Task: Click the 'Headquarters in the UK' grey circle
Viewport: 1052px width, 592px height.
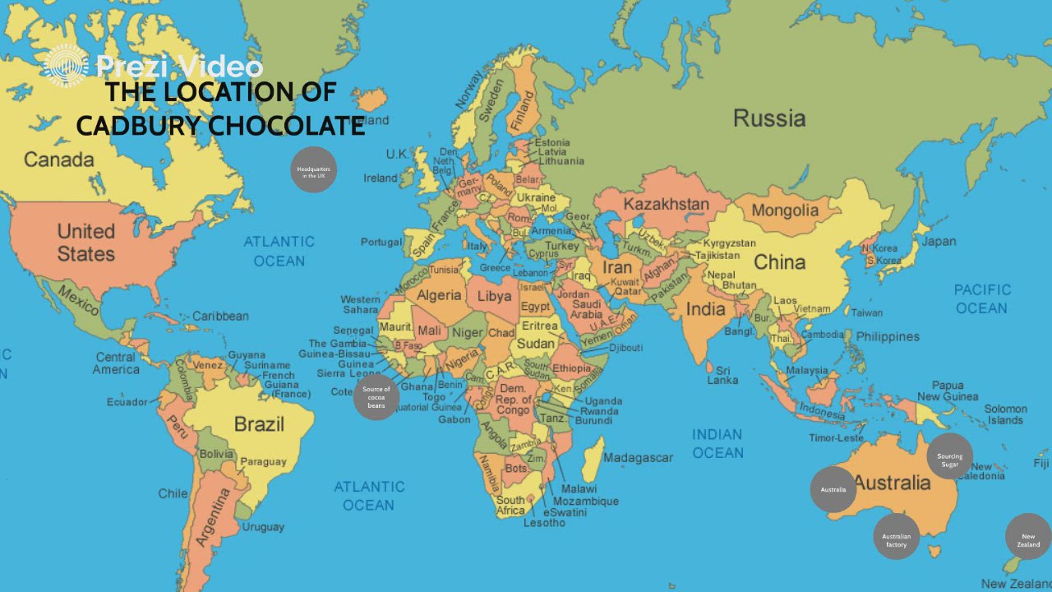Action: click(313, 169)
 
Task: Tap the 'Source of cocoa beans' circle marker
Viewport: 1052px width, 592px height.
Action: click(376, 397)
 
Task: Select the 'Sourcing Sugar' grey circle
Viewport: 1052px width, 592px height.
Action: click(949, 456)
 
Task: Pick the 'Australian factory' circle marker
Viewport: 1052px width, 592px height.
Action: click(896, 536)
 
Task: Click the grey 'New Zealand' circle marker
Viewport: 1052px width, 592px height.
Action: click(1028, 536)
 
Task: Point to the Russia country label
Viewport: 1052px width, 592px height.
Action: click(769, 118)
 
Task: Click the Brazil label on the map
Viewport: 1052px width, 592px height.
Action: click(259, 424)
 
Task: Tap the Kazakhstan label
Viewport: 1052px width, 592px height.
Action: click(666, 204)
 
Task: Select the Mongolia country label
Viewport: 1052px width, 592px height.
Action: click(785, 210)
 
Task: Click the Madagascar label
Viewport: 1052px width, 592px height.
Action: click(638, 458)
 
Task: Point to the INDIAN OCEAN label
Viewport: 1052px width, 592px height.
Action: click(717, 443)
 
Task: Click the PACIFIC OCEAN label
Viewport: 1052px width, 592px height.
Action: click(981, 298)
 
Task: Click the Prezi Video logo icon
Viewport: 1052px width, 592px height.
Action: click(66, 67)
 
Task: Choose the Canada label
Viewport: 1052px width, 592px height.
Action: click(59, 160)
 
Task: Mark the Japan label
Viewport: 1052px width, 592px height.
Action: click(939, 242)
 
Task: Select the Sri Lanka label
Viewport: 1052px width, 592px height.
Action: click(722, 375)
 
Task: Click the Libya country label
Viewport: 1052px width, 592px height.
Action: click(494, 296)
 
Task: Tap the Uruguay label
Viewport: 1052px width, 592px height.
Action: click(263, 527)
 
